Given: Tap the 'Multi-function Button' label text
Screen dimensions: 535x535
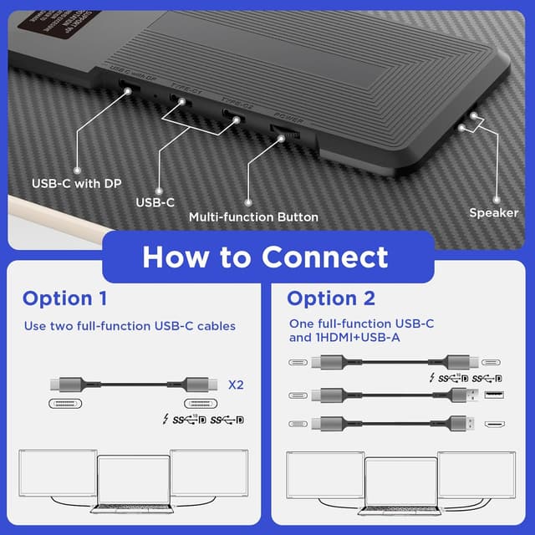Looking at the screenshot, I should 253,217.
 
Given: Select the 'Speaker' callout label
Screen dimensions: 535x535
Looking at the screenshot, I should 493,212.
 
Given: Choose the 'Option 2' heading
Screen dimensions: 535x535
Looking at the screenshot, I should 331,298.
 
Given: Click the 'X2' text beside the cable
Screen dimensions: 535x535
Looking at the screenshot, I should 237,385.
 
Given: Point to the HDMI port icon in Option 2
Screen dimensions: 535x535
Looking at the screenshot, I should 493,425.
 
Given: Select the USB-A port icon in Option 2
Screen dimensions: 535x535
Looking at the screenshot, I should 493,395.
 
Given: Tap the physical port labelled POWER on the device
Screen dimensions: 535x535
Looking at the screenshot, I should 279,132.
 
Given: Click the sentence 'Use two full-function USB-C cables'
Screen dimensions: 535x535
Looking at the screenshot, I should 130,326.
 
